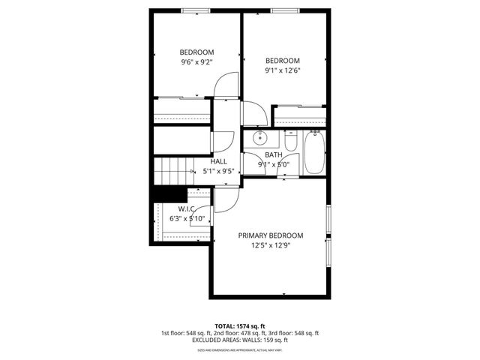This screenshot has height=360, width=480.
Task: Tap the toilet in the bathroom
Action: pyautogui.click(x=291, y=140)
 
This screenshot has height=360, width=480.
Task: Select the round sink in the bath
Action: pyautogui.click(x=260, y=138)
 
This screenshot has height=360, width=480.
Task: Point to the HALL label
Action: pyautogui.click(x=219, y=161)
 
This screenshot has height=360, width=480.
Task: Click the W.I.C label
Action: pyautogui.click(x=187, y=208)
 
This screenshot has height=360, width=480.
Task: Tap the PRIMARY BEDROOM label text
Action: pyautogui.click(x=271, y=235)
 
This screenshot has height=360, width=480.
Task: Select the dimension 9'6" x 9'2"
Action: pyautogui.click(x=197, y=62)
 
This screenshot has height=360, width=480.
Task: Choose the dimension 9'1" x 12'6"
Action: pyautogui.click(x=283, y=71)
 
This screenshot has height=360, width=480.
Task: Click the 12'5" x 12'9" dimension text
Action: pyautogui.click(x=271, y=244)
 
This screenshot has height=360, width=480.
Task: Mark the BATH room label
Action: pyautogui.click(x=273, y=155)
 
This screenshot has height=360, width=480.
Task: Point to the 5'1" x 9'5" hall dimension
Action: pyautogui.click(x=219, y=171)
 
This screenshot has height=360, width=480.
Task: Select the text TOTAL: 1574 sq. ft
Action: pyautogui.click(x=240, y=326)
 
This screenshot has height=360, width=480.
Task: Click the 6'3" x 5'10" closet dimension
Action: pyautogui.click(x=187, y=218)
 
